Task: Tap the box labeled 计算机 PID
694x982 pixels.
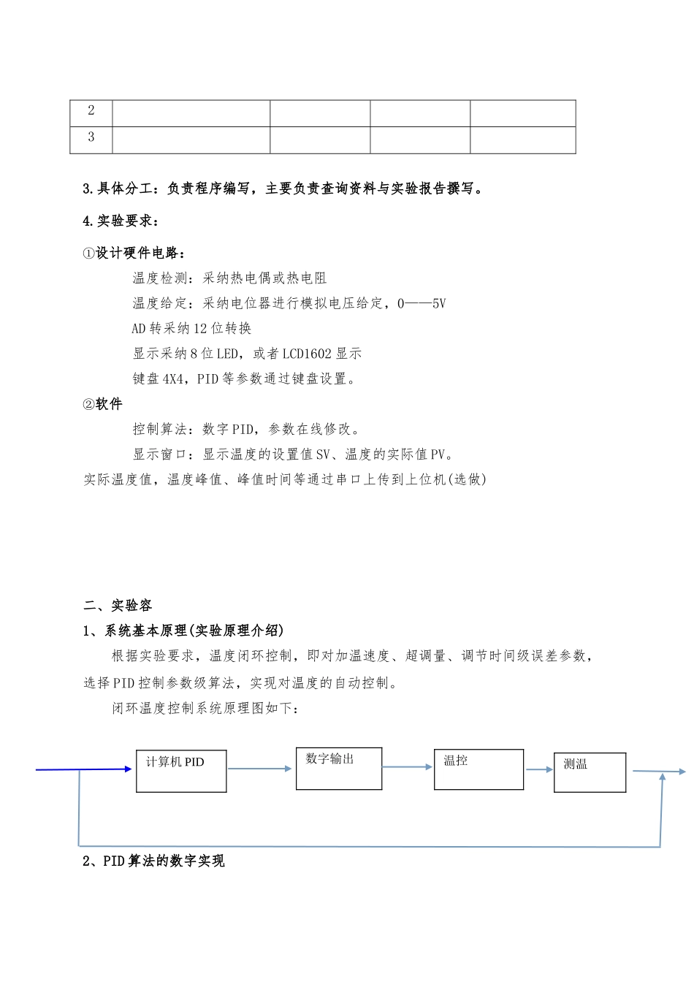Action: (181, 771)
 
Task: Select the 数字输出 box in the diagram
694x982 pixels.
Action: (338, 768)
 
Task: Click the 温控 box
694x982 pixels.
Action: (478, 769)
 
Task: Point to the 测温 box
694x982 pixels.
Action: (590, 772)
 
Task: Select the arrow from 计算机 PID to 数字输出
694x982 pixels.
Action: (260, 769)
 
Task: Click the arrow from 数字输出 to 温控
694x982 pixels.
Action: (408, 767)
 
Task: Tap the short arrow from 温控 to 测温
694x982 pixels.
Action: (539, 769)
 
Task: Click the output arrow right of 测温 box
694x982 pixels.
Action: (657, 772)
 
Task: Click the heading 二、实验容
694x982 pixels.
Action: (118, 605)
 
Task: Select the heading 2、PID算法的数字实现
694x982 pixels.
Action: (154, 861)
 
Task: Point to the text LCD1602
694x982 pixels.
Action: (307, 354)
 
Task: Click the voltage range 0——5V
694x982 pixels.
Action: (422, 303)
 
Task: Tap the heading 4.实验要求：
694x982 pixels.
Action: (121, 221)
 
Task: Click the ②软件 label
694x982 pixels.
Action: (103, 404)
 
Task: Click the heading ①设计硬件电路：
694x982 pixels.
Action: (134, 253)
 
